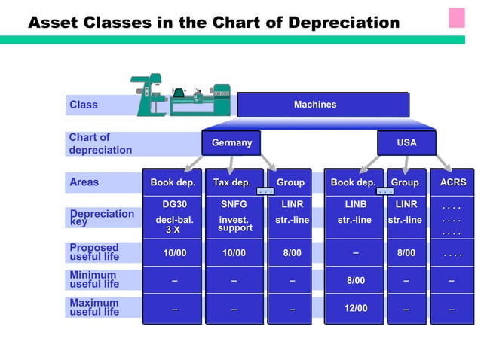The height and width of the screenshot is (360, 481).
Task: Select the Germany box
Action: (x=231, y=142)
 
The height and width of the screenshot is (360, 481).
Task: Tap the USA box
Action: (x=406, y=142)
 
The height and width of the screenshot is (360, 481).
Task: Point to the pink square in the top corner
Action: (x=457, y=17)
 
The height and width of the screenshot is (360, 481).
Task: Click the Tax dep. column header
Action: (x=231, y=182)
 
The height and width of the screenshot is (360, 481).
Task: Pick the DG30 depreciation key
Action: (x=174, y=204)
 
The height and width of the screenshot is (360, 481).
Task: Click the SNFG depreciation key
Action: (x=233, y=204)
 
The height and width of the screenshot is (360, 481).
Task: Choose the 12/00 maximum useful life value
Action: (x=355, y=308)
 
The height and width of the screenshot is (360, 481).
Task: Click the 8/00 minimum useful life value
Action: (x=355, y=281)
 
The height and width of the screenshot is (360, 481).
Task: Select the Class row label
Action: (x=84, y=105)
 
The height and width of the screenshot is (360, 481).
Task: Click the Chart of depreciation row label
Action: (x=100, y=143)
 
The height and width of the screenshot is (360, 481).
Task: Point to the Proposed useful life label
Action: (x=94, y=252)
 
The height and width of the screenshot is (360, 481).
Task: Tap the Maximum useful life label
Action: (x=94, y=307)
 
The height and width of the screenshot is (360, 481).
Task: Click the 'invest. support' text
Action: (x=234, y=224)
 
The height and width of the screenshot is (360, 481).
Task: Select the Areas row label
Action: (x=84, y=182)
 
